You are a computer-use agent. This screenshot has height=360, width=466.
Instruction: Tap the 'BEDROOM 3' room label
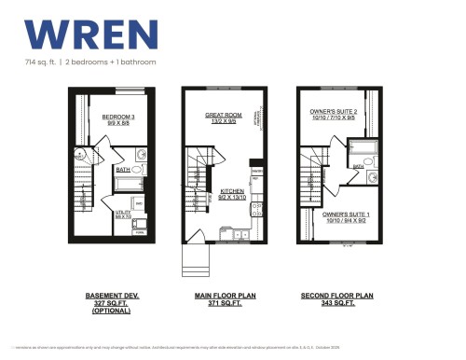118,116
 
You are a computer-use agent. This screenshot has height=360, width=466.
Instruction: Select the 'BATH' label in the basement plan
123,169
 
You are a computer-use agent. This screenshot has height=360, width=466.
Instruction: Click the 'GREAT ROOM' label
223,115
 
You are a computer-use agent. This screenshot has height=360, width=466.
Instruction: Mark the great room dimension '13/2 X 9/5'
223,121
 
